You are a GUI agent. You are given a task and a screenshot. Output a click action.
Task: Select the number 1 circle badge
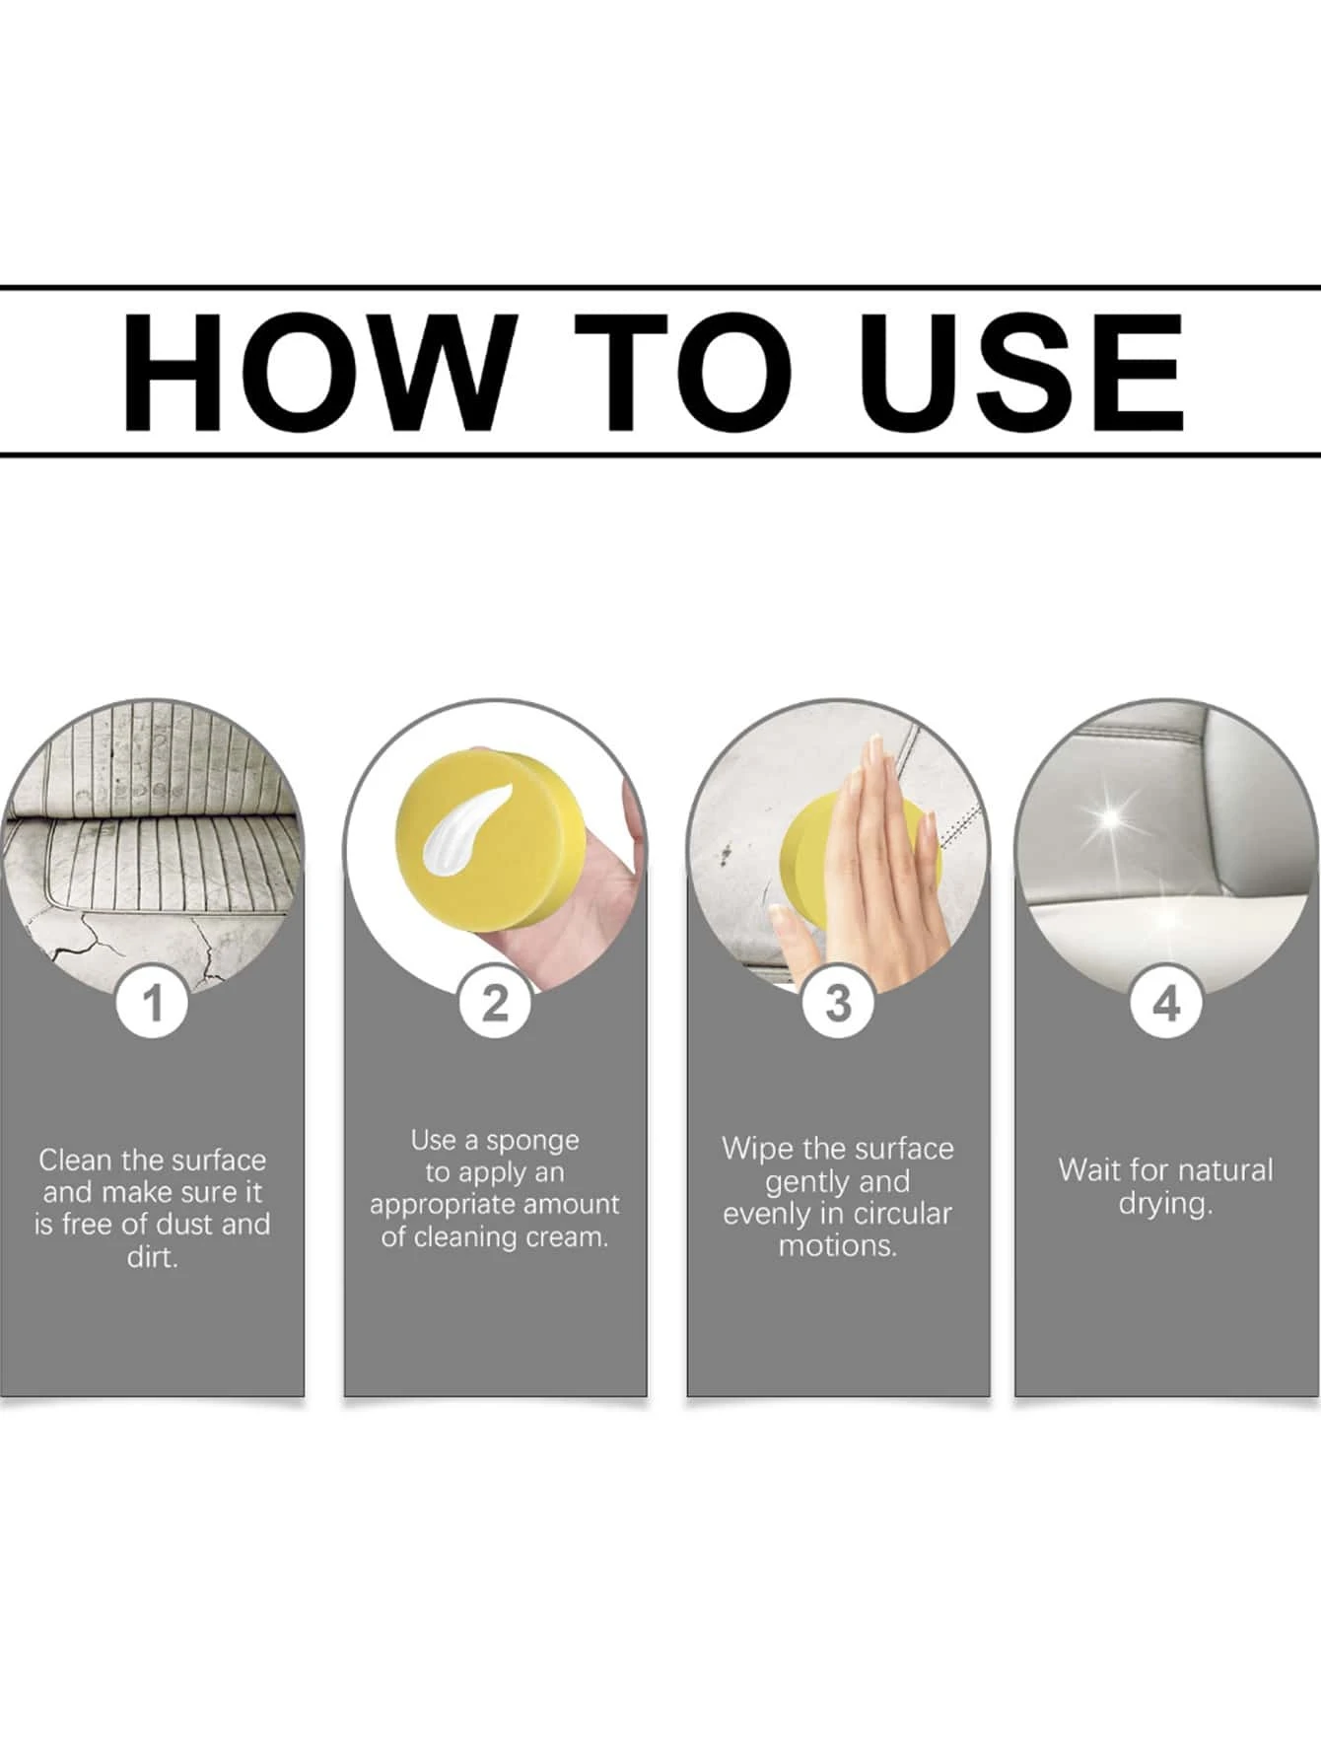(x=153, y=1005)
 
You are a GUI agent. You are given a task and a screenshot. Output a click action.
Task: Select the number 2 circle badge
(x=495, y=1003)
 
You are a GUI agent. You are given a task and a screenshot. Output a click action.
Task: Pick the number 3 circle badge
(x=838, y=1004)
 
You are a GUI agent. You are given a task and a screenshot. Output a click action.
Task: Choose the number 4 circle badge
(x=1166, y=1005)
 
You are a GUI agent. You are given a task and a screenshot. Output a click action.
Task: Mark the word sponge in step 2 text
(x=532, y=1142)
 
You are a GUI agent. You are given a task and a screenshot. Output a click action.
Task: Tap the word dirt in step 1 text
(x=152, y=1257)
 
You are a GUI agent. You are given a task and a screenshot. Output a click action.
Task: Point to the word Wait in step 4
(x=1088, y=1170)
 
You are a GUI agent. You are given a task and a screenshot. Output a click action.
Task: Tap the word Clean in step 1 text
(x=76, y=1160)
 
